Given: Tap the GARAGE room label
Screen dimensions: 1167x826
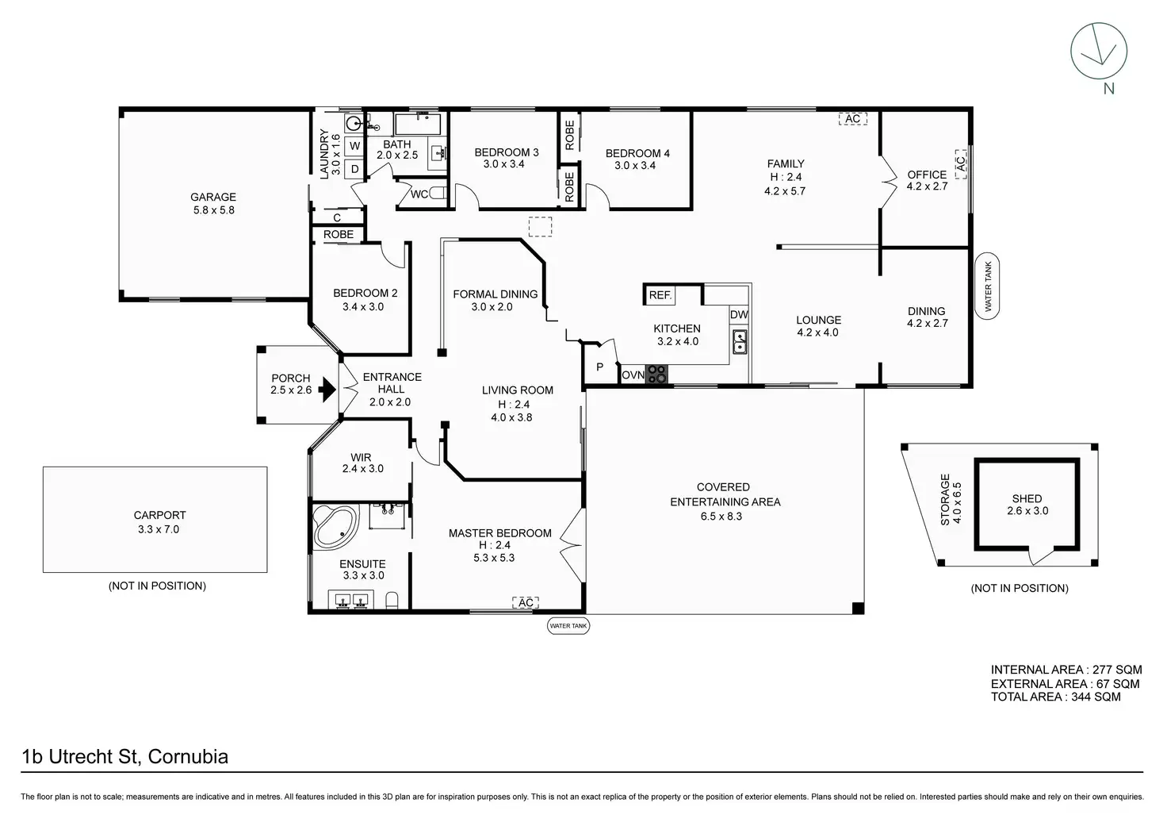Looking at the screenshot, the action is tap(213, 197).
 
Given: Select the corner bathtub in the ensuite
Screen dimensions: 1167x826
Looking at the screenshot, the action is tap(335, 527).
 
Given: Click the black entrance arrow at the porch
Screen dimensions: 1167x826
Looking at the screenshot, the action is tap(327, 389).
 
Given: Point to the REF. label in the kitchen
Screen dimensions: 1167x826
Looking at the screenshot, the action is tap(660, 295).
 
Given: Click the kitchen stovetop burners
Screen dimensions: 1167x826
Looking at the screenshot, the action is tap(657, 375).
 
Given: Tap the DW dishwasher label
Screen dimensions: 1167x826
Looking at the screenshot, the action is tap(739, 314).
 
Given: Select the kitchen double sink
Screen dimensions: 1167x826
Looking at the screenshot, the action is tap(739, 341).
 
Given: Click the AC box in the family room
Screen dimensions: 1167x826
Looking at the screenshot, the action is tap(853, 119).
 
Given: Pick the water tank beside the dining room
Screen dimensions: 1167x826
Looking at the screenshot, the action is tap(987, 286).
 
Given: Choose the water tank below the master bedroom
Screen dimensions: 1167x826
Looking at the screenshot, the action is tap(568, 626).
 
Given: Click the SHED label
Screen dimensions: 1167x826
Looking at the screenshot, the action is tap(1027, 498).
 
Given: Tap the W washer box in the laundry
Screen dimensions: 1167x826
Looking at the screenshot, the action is tap(355, 145).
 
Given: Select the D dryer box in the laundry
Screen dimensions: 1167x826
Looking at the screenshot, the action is tap(355, 169).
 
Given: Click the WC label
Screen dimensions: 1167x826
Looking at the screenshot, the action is tap(419, 194).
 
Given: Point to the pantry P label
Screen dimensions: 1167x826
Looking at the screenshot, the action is tap(599, 367).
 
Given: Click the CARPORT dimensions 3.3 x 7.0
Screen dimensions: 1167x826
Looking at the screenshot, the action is tap(159, 529).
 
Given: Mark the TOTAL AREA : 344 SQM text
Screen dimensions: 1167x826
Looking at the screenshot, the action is tap(1055, 697).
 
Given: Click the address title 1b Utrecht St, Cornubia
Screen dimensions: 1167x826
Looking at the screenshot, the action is tap(125, 756).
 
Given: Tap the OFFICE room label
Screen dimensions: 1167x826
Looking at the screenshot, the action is tap(927, 175).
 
